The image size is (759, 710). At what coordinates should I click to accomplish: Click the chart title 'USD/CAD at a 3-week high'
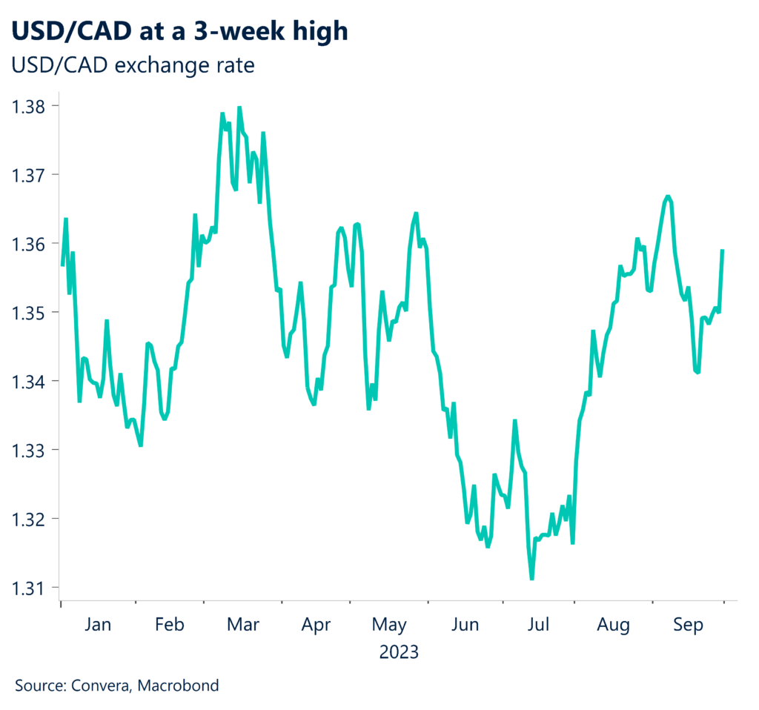(x=179, y=31)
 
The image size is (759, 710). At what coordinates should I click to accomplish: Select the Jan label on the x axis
(x=98, y=626)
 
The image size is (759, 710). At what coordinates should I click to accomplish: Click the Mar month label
(x=243, y=626)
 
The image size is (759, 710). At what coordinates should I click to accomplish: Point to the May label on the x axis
(x=389, y=626)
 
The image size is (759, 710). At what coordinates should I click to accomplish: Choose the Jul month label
(x=537, y=626)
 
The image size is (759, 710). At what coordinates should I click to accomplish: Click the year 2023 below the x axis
(x=399, y=653)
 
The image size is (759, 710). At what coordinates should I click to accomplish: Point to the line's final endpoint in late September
(x=723, y=251)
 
